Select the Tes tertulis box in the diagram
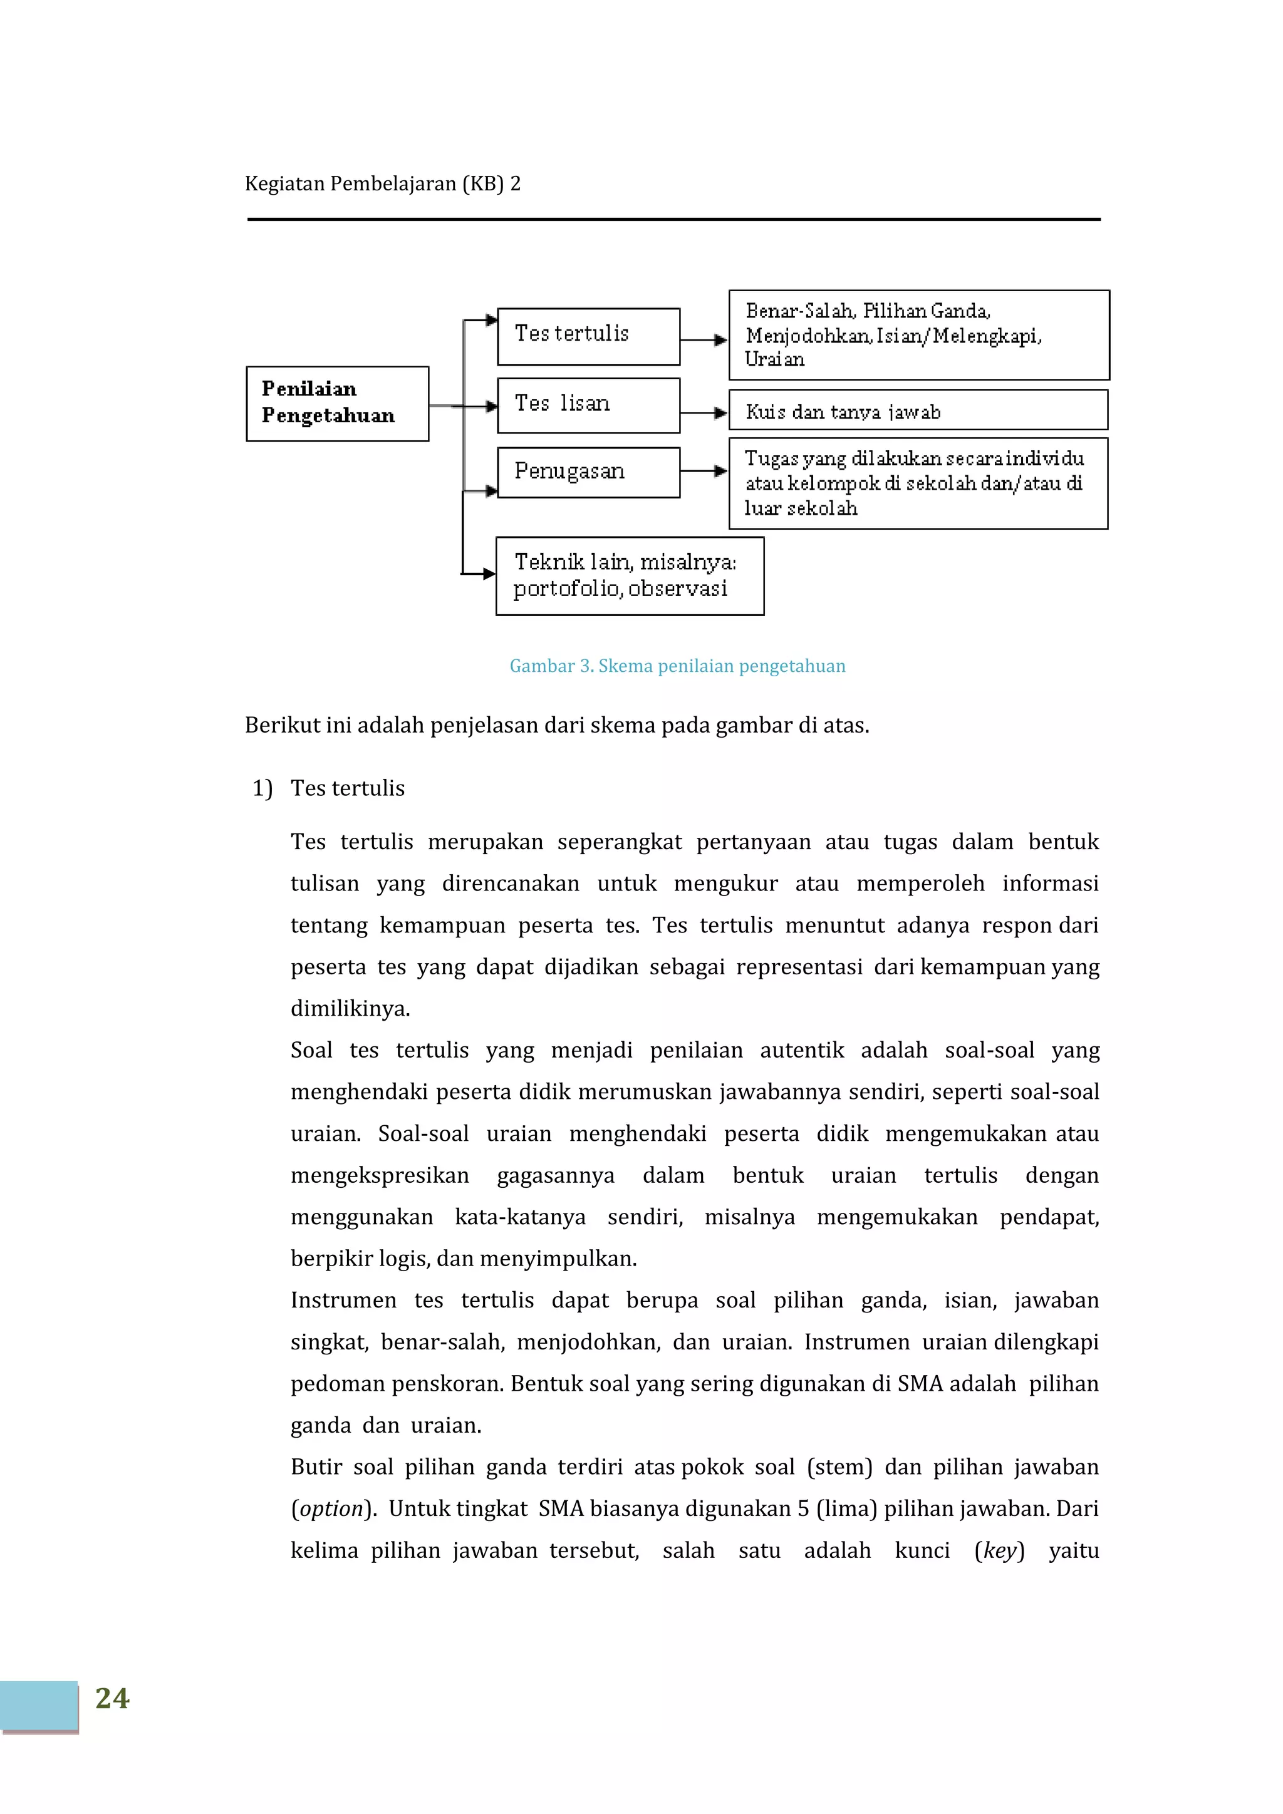click(x=588, y=336)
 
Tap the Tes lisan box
click(x=588, y=405)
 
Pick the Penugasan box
click(x=588, y=473)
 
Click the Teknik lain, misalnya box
click(x=629, y=576)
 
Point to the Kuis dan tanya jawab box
click(x=918, y=410)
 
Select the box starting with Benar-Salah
click(x=918, y=335)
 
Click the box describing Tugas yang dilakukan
click(x=918, y=483)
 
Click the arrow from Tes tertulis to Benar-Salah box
click(x=704, y=340)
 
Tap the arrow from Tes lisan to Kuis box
click(x=704, y=413)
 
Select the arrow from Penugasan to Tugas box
click(x=704, y=471)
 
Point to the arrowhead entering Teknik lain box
click(x=489, y=574)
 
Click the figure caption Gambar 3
click(x=677, y=666)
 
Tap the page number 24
click(x=112, y=1698)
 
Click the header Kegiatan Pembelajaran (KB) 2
click(x=383, y=184)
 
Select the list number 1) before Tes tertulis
click(x=262, y=788)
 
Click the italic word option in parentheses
click(x=331, y=1508)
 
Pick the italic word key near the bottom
click(x=999, y=1550)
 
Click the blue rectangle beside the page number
click(x=39, y=1706)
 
